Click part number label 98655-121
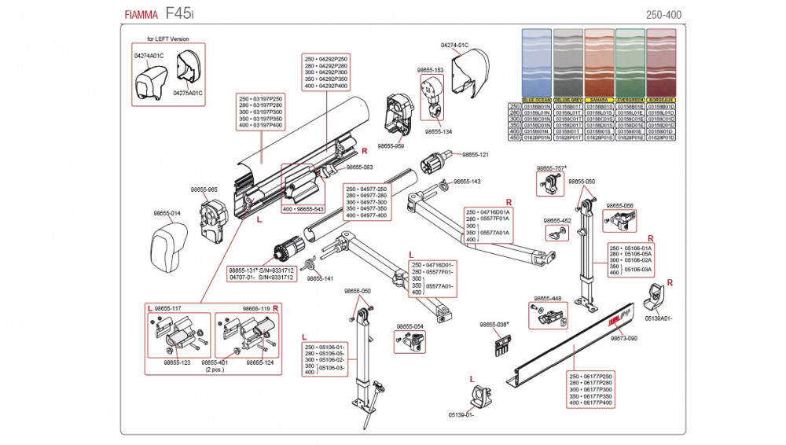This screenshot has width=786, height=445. (x=475, y=155)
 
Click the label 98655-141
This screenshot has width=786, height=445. (x=320, y=278)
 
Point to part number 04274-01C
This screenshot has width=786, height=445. (x=454, y=46)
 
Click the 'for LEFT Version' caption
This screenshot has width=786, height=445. (x=168, y=39)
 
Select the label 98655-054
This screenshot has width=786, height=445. (x=410, y=326)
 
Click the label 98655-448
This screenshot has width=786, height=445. (x=547, y=299)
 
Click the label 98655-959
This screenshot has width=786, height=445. (x=391, y=145)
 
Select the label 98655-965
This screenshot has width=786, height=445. (x=204, y=189)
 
